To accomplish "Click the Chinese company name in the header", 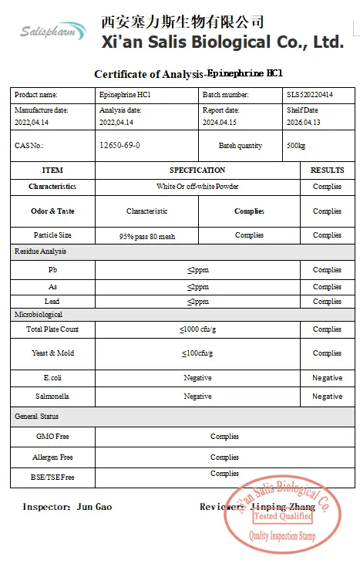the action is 182,21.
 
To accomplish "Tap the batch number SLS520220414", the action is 310,95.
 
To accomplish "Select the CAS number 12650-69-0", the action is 119,145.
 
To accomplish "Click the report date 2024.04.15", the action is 220,122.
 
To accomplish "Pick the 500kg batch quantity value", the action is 295,146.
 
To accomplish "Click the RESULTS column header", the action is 327,170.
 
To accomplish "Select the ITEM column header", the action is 52,170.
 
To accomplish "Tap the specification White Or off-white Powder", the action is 197,187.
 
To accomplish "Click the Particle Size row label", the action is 52,235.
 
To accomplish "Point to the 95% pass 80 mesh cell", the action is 146,236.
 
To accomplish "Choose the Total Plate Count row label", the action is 52,329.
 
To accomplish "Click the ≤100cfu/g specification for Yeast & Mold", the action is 197,353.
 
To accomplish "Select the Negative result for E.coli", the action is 327,378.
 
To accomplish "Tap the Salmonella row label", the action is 52,397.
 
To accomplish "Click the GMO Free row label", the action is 52,437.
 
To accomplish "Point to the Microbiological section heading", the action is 39,315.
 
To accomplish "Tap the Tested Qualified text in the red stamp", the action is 284,516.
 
